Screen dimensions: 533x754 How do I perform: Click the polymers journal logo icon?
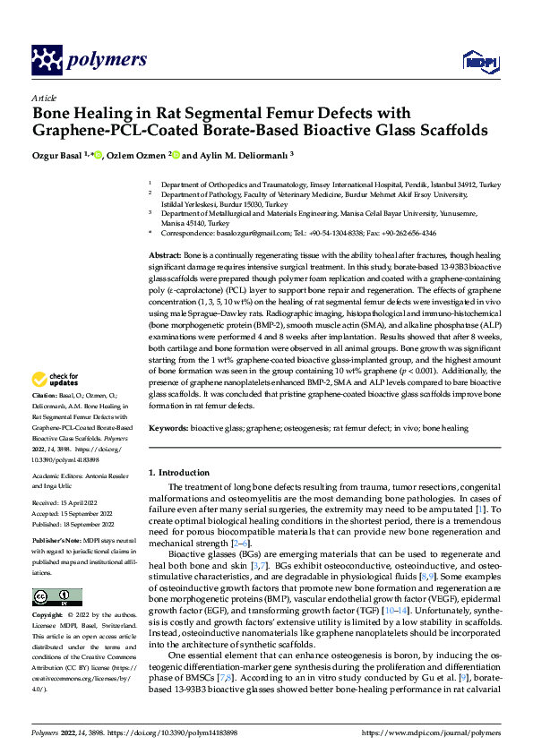[49, 59]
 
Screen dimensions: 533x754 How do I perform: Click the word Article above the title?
[43, 97]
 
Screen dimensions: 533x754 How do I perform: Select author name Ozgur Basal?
[61, 155]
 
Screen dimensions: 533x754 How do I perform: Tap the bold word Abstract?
[164, 257]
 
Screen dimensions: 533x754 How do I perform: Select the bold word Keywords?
[168, 429]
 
